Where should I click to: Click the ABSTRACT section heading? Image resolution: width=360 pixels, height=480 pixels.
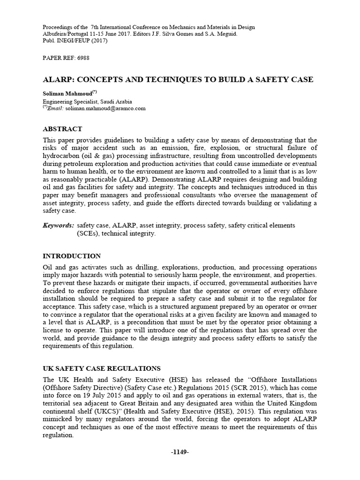62,129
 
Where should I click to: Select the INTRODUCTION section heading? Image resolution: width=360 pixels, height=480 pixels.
72,256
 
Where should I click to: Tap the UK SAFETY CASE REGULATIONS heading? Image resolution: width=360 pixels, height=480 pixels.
102,368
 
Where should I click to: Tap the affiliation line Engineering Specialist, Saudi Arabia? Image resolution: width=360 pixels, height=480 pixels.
87,101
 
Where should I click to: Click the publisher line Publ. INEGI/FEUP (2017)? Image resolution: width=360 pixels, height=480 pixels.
75,41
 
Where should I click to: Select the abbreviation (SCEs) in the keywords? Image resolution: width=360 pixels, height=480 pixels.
88,233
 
